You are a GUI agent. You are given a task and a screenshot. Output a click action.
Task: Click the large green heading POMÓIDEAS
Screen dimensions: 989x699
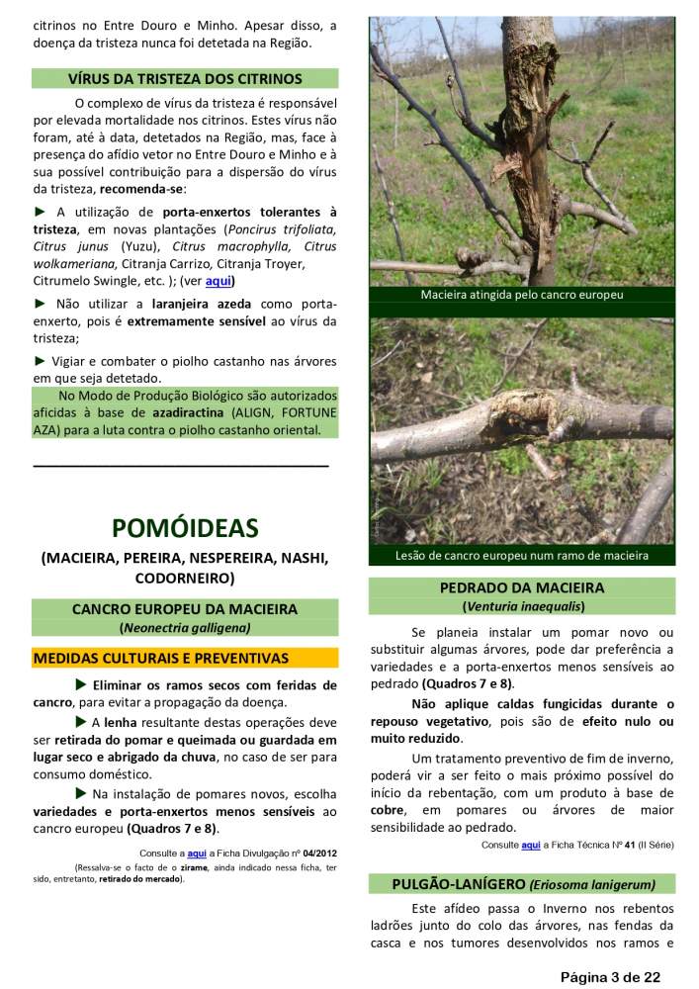point(185,528)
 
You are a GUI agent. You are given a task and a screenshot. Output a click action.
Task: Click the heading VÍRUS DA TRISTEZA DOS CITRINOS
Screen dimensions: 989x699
point(185,78)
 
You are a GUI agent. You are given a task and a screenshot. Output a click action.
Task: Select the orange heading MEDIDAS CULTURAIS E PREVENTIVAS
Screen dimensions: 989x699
point(161,658)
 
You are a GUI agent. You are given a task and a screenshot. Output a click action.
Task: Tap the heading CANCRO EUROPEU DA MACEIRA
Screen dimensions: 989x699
point(185,609)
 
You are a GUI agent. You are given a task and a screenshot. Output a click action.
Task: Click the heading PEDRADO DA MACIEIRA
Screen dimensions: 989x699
point(522,587)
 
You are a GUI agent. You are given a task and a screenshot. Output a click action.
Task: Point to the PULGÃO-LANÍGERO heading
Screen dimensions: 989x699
point(523,884)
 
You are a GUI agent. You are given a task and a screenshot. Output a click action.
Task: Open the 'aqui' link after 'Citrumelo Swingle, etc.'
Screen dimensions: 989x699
point(218,280)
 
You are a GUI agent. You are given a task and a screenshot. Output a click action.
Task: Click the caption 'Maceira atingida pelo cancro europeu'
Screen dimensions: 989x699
point(522,295)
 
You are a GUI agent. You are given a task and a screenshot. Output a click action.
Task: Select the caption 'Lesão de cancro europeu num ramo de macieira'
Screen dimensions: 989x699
point(522,555)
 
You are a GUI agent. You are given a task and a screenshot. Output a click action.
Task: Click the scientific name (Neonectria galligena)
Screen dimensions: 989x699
point(185,627)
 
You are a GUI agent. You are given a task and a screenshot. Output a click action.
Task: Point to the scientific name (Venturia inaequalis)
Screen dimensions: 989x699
point(523,605)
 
